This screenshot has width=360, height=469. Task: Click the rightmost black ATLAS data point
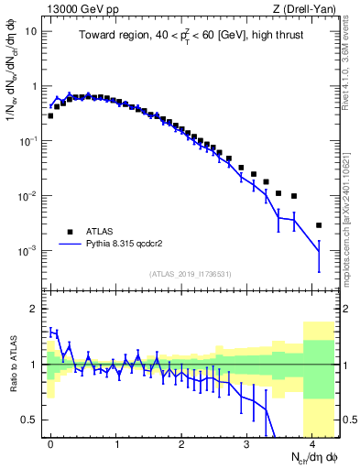(319, 225)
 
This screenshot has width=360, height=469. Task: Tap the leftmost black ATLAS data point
(51, 116)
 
